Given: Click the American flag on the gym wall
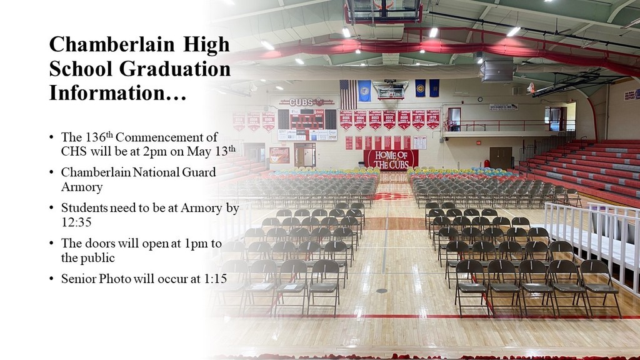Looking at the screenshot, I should (x=347, y=91).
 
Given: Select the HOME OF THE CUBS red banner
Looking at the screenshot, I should (x=391, y=159).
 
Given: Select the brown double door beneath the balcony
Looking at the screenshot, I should (x=500, y=157).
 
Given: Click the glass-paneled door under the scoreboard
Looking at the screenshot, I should (x=305, y=155).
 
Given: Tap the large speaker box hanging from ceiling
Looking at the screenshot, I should (x=497, y=71).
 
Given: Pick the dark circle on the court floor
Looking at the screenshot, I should (x=381, y=291).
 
